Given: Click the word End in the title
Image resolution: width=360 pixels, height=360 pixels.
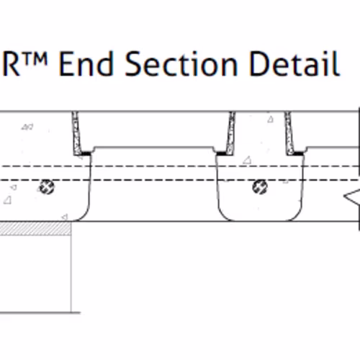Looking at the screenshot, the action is (x=86, y=63).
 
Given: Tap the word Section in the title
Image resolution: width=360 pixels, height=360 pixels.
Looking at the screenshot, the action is (x=181, y=63).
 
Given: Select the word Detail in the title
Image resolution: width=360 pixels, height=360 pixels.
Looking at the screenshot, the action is (x=294, y=63).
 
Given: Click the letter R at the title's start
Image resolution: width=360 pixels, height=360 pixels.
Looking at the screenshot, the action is (x=11, y=64).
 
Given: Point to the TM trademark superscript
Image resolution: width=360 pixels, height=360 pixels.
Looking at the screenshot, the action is (x=35, y=58).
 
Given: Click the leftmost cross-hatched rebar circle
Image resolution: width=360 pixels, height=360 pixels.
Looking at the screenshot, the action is (x=47, y=187).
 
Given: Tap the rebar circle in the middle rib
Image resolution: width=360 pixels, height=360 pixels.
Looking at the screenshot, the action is (x=260, y=186).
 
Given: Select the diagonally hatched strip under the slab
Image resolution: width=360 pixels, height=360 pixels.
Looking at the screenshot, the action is (x=35, y=228).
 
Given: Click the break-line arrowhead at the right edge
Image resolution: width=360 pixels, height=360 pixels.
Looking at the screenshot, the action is (x=352, y=197).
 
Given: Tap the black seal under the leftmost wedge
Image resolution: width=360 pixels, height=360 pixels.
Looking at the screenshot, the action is (x=86, y=153).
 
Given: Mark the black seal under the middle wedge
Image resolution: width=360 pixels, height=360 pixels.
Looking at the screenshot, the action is (x=221, y=153).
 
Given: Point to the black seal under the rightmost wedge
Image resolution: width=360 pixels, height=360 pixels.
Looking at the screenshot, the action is (x=298, y=153).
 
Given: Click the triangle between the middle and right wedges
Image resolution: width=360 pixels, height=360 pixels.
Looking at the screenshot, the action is (x=271, y=120).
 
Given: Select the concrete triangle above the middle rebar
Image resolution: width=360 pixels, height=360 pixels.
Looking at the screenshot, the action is (x=247, y=161).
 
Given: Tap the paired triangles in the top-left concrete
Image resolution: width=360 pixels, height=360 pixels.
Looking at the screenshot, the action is (x=27, y=127).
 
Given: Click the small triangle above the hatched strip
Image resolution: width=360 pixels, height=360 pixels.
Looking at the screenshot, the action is (x=64, y=217).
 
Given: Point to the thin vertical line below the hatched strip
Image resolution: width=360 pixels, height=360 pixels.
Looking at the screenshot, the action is (x=71, y=274).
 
